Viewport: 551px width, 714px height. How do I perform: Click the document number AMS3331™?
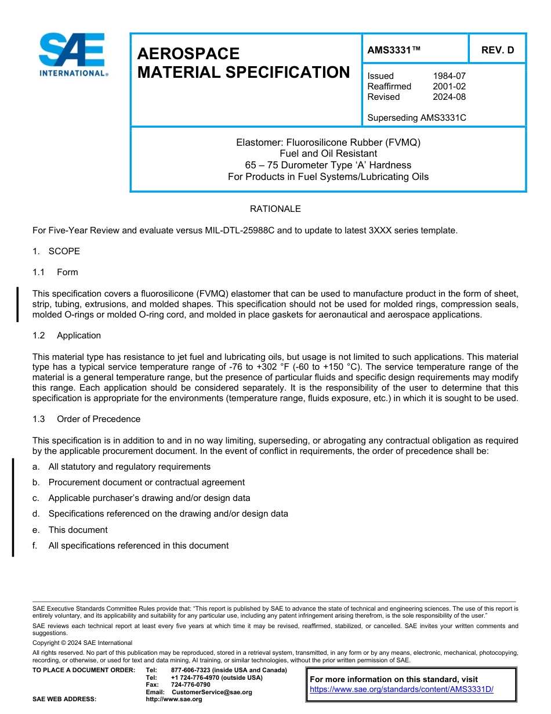[x=394, y=50]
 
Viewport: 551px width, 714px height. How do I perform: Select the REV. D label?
[x=497, y=50]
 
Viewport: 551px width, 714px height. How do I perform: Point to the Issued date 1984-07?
[x=449, y=76]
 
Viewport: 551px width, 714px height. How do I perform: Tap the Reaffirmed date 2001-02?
[x=449, y=86]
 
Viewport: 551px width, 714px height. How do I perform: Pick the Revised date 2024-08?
[x=449, y=97]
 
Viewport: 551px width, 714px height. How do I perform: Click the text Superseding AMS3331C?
[x=416, y=118]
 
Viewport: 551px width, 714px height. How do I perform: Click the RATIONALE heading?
[x=275, y=209]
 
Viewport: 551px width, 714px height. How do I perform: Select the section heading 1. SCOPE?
[x=56, y=251]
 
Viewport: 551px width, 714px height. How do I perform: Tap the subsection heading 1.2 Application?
[x=67, y=336]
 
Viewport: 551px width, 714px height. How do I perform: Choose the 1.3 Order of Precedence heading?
[x=86, y=419]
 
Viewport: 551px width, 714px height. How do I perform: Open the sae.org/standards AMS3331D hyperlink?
[x=401, y=690]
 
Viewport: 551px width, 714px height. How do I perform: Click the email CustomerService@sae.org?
[x=212, y=692]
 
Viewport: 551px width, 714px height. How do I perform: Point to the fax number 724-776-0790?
[x=190, y=685]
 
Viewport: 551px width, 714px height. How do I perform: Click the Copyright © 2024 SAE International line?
[x=82, y=643]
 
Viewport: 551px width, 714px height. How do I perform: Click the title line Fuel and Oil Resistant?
[x=328, y=154]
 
